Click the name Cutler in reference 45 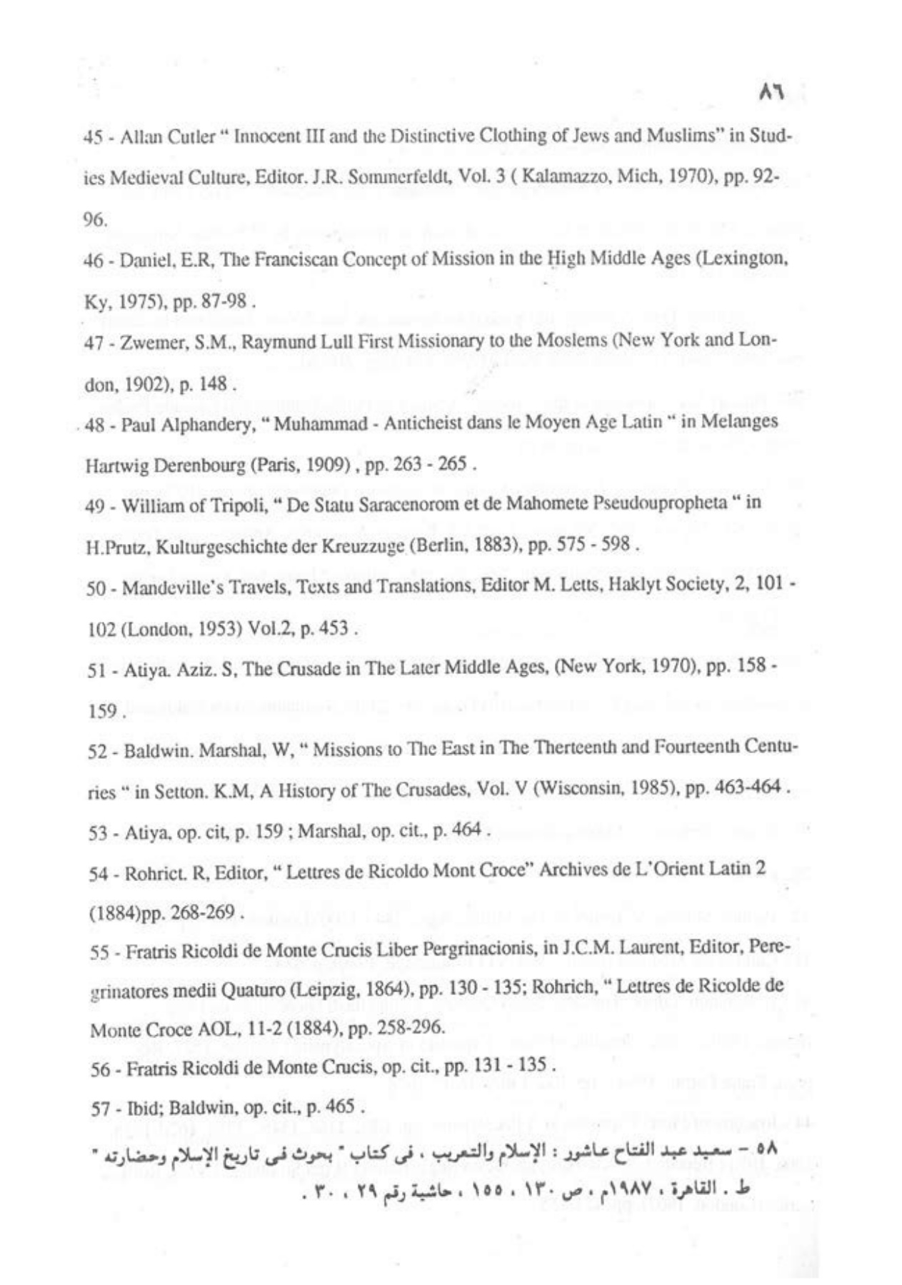(x=192, y=137)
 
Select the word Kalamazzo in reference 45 (x=563, y=178)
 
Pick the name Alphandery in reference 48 (x=208, y=424)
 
